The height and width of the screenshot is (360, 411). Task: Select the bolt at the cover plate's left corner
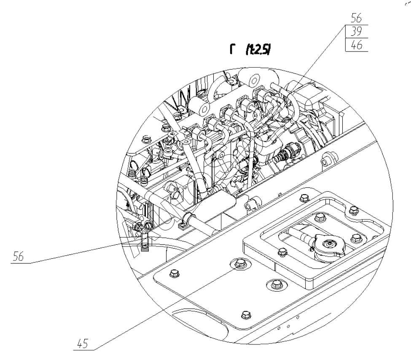click(x=172, y=275)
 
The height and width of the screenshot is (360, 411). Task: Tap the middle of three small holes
click(x=288, y=324)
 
